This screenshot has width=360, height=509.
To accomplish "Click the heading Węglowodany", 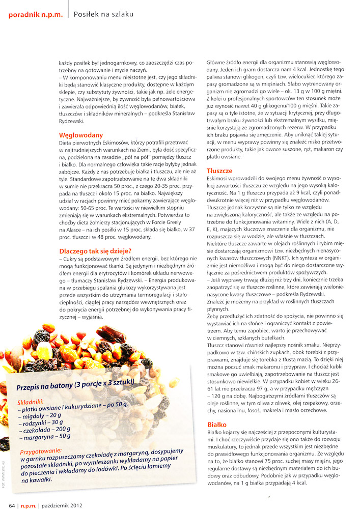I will point(81,135).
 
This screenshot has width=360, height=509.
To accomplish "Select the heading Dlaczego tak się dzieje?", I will point(95,250).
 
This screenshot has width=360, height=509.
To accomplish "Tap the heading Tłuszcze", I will point(219,171).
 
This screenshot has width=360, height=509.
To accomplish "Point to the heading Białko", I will point(217,424).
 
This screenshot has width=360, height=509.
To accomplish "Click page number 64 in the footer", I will point(11,505).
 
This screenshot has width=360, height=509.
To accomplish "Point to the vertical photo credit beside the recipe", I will point(4,484).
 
